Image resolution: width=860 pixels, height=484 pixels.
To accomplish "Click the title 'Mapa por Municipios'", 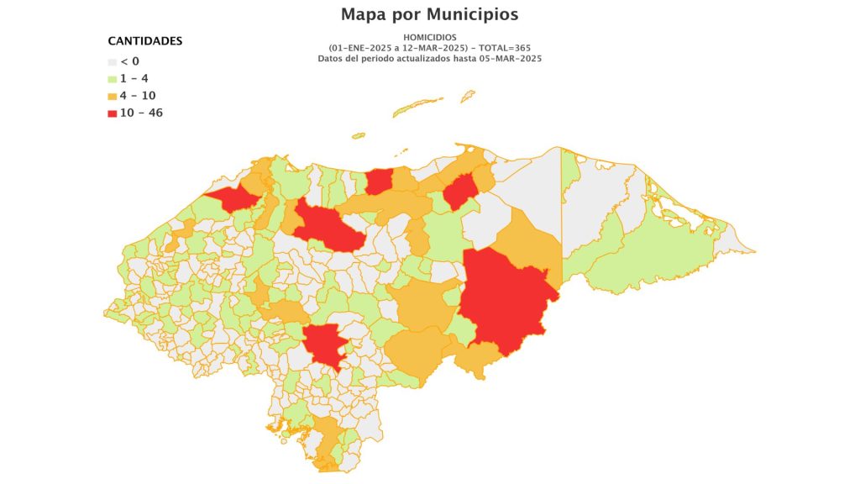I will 429,14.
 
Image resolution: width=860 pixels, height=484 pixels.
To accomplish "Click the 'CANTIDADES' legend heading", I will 145,41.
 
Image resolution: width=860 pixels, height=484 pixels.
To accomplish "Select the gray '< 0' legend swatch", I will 112,61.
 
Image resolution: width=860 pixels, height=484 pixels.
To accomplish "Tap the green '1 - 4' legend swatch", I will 112,79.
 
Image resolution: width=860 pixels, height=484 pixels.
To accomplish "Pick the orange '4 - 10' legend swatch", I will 112,97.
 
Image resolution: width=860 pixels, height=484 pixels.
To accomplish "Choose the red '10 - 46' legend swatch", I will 112,113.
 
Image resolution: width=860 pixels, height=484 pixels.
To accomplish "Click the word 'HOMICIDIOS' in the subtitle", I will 429,38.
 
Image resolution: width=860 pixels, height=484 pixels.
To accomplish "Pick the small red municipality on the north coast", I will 379,181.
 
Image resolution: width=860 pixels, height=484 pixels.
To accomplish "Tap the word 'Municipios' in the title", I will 472,14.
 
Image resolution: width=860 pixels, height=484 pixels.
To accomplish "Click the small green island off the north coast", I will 359,134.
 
